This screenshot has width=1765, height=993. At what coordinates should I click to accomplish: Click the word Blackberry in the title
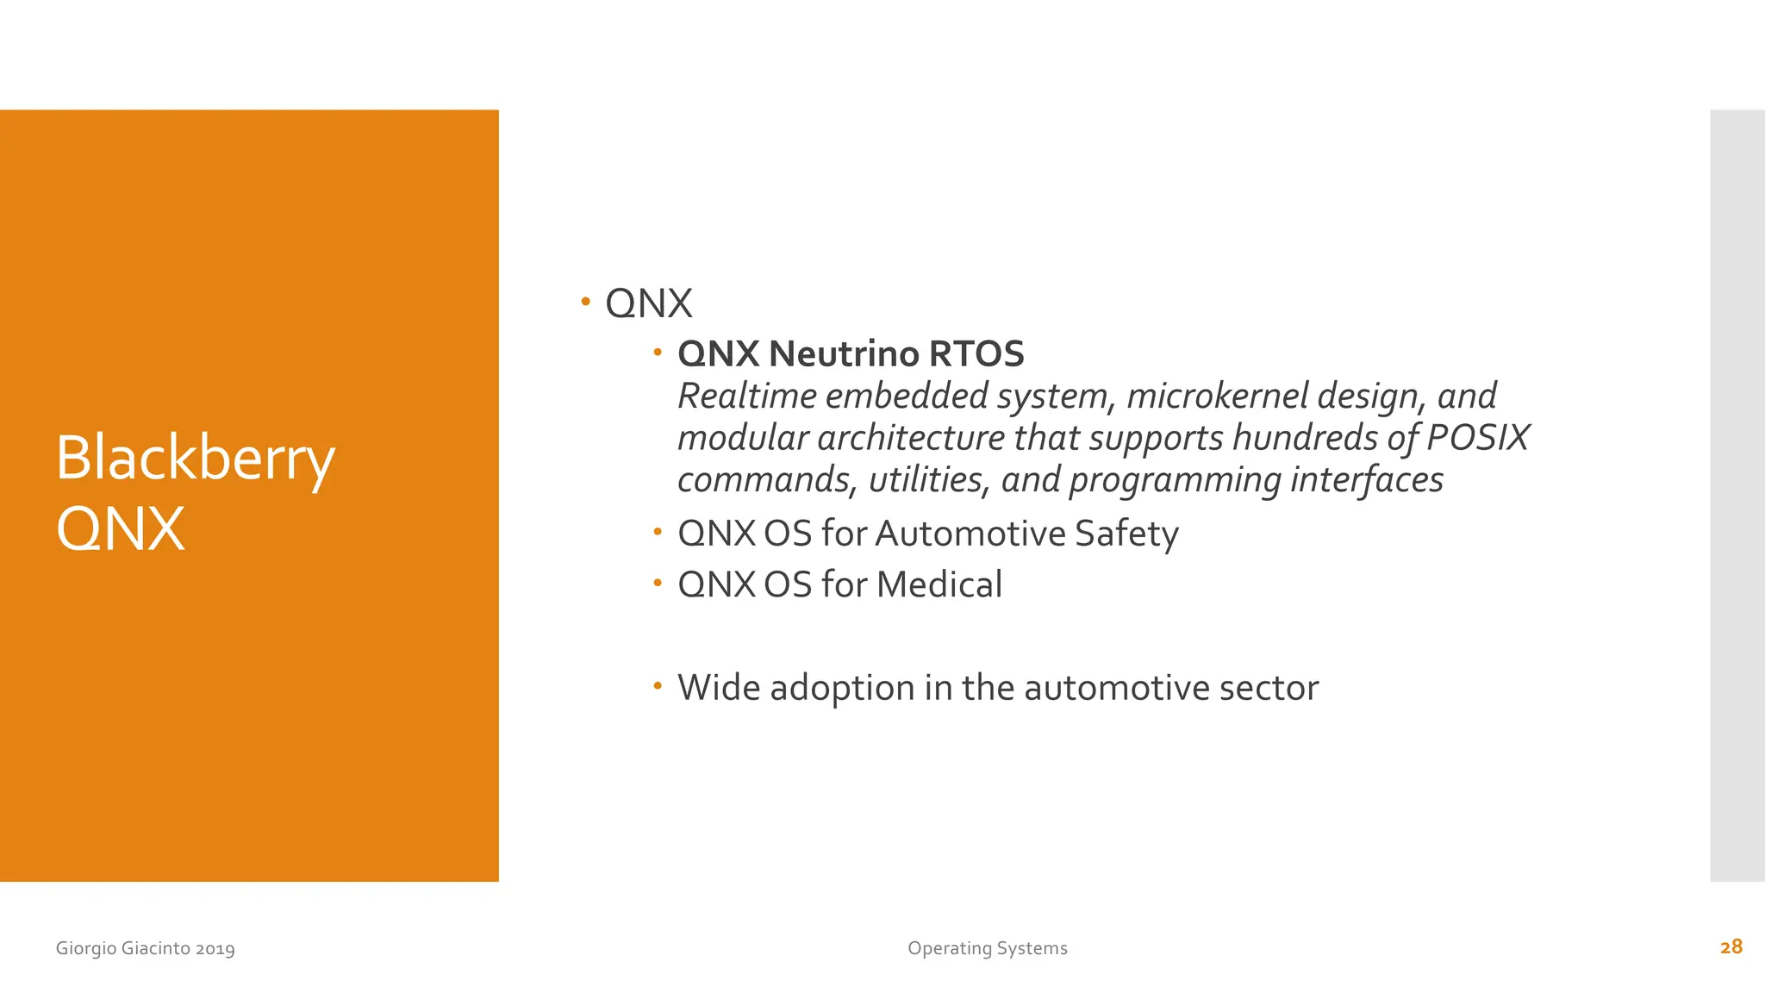[x=195, y=459]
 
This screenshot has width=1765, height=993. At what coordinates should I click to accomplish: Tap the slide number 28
[x=1731, y=947]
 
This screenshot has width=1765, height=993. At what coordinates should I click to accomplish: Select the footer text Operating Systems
[x=987, y=948]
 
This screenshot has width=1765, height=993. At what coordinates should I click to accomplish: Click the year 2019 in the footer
[x=215, y=949]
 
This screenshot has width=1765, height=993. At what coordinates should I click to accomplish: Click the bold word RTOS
[x=976, y=353]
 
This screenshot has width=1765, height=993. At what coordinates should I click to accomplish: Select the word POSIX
[x=1477, y=438]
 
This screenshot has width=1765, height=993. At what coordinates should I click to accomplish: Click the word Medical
[x=939, y=584]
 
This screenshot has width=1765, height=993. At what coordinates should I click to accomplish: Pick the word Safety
[x=1126, y=534]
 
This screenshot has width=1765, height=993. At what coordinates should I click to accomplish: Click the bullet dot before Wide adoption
[x=657, y=686]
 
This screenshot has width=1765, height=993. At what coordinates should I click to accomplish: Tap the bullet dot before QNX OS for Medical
[x=657, y=583]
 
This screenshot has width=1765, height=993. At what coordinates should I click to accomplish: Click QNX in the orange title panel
[x=121, y=529]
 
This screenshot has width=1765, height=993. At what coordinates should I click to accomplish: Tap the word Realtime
[x=747, y=397]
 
